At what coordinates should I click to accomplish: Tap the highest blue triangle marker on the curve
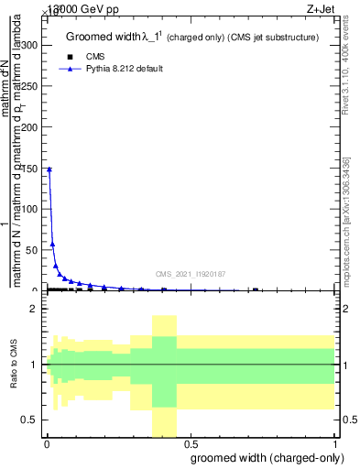49,169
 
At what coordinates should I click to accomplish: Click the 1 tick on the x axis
336,443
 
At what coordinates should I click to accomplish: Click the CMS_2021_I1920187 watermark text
190,274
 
